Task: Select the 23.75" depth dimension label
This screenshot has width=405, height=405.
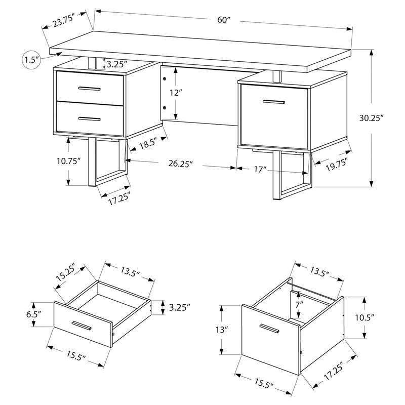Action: coord(62,22)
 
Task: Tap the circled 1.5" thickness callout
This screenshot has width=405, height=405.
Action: coord(31,60)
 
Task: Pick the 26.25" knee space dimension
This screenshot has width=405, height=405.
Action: coord(182,164)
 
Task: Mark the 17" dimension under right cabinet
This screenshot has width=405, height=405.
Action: coord(261,169)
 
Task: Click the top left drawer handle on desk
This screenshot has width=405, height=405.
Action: coord(90,90)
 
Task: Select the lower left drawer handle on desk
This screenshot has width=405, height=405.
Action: coord(90,118)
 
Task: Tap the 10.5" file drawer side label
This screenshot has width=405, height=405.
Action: coord(364,318)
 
